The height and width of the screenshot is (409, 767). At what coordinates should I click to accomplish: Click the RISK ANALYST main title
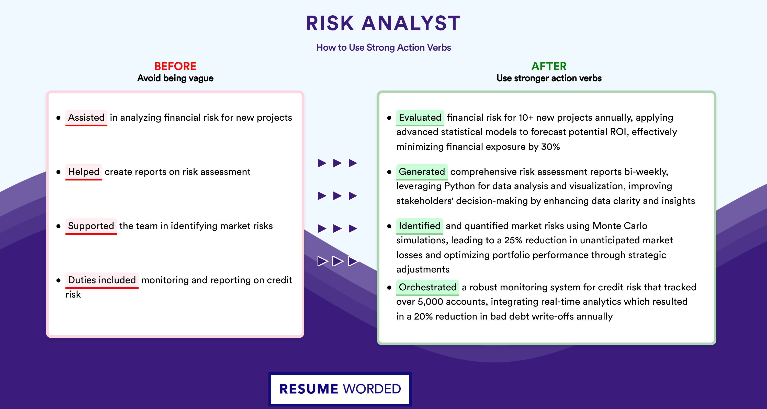pyautogui.click(x=383, y=23)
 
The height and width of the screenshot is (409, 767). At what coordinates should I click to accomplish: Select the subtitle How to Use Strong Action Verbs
pyautogui.click(x=383, y=47)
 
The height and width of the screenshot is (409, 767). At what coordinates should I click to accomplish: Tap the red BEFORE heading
pyautogui.click(x=175, y=66)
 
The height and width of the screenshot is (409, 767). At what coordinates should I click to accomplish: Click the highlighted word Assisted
pyautogui.click(x=86, y=118)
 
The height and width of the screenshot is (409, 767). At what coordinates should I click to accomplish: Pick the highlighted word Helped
pyautogui.click(x=84, y=172)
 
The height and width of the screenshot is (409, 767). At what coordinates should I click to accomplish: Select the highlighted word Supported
pyautogui.click(x=91, y=226)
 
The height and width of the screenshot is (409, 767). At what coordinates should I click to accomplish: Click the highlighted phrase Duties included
pyautogui.click(x=102, y=280)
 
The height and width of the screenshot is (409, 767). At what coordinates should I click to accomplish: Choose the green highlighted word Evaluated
pyautogui.click(x=420, y=118)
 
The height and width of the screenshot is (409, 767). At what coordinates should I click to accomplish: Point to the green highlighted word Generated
pyautogui.click(x=422, y=172)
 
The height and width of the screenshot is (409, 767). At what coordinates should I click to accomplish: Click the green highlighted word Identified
pyautogui.click(x=420, y=226)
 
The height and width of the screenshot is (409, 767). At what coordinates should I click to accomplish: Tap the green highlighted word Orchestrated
pyautogui.click(x=427, y=287)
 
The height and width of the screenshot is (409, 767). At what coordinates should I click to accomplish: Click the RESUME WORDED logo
pyautogui.click(x=340, y=389)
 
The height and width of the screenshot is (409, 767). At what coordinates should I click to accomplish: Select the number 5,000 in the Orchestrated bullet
pyautogui.click(x=430, y=302)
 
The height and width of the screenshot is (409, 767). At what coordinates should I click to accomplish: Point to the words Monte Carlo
pyautogui.click(x=620, y=226)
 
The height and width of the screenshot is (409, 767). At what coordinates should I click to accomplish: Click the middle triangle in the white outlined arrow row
pyautogui.click(x=337, y=261)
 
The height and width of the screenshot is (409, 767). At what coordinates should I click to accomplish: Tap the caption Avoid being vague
pyautogui.click(x=175, y=78)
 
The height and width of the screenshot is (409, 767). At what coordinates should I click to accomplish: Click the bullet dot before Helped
pyautogui.click(x=58, y=172)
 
